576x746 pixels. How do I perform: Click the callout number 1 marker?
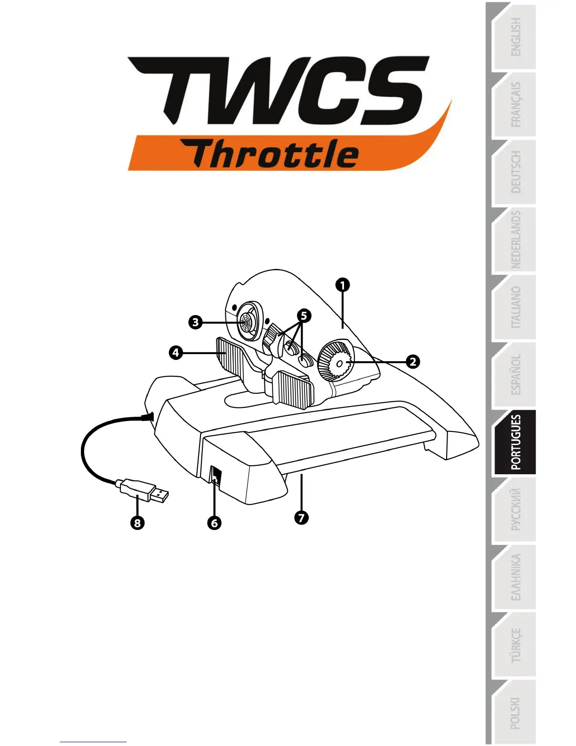[x=343, y=285]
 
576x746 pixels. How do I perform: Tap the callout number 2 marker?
[x=413, y=362]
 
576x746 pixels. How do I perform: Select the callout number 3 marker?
[x=195, y=323]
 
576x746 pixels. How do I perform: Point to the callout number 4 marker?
[x=176, y=352]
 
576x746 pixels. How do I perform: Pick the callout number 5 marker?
[x=304, y=316]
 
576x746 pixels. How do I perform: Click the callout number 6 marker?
[x=215, y=523]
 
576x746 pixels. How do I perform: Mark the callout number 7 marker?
[x=301, y=518]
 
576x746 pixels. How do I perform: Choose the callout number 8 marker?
[x=137, y=523]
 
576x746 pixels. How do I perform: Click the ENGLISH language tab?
[x=515, y=38]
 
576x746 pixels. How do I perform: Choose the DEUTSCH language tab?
[x=515, y=172]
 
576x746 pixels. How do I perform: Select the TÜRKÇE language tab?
[x=515, y=645]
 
